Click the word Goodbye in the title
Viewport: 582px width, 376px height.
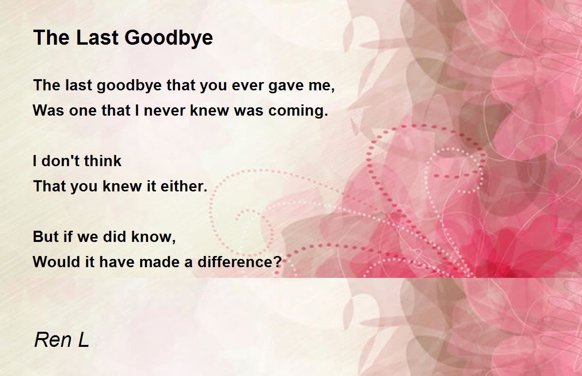pos(169,38)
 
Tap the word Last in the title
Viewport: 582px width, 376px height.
pos(97,38)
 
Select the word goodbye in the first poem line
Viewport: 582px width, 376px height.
pos(129,86)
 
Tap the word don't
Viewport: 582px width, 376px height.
pos(60,161)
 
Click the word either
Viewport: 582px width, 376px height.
pos(184,186)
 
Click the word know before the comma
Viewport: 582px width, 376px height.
pos(152,237)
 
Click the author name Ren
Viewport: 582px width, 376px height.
pos(53,340)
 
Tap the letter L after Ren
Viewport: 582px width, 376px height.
pos(83,340)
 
